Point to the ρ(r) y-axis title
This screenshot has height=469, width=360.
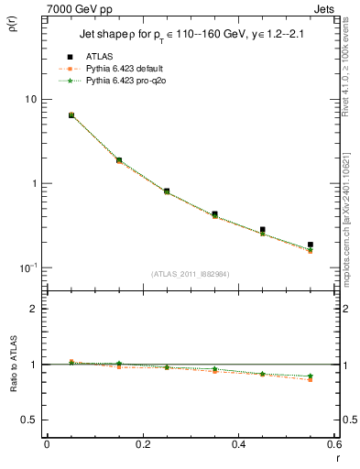16,21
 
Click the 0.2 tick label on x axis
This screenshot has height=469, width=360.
142,444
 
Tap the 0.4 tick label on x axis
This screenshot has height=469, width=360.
238,444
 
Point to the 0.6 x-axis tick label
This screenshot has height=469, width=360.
333,444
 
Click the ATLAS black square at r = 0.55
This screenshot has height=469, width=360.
311,245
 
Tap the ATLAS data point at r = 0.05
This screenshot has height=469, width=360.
71,115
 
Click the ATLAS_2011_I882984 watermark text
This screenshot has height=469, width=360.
190,273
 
